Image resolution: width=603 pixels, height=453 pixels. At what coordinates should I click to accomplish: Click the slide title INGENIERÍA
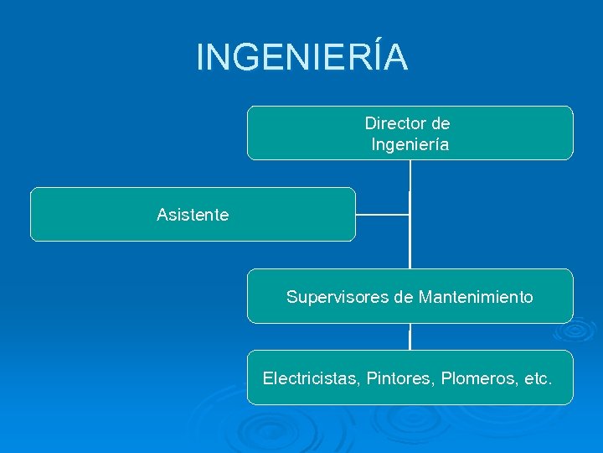[x=301, y=57]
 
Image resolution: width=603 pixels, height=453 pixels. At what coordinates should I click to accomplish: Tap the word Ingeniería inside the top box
[x=410, y=145]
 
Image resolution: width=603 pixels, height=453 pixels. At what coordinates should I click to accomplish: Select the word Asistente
[x=193, y=215]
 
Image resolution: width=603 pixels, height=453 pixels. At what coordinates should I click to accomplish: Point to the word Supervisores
[x=337, y=297]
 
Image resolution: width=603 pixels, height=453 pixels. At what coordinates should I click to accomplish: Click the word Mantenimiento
[x=476, y=297]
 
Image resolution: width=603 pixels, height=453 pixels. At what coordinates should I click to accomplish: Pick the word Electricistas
[x=311, y=378]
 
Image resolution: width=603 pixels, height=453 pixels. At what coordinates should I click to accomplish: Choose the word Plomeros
[x=478, y=378]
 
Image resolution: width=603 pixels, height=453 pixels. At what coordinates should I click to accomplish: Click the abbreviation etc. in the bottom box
[x=537, y=378]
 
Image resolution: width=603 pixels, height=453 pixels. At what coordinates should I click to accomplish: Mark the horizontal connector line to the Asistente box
[x=382, y=215]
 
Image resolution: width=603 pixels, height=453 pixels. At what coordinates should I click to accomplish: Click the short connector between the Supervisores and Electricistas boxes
[x=410, y=337]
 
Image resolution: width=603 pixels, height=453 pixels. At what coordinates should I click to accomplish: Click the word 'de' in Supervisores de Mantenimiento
[x=404, y=297]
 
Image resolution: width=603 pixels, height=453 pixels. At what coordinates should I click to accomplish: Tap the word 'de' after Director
[x=441, y=123]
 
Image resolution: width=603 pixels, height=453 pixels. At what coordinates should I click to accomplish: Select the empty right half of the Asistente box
[x=293, y=215]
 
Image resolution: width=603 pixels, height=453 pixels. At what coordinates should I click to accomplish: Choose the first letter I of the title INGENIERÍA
[x=200, y=57]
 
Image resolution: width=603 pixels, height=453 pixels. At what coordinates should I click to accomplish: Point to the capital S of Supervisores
[x=292, y=297]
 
